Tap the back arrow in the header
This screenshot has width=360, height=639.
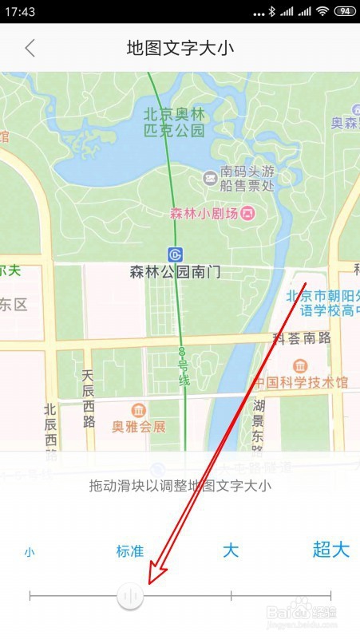coord(30,48)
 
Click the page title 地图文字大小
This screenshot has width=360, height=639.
coord(180,48)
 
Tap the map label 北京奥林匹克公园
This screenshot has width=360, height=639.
coord(174,122)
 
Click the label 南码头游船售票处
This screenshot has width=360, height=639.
coord(247,179)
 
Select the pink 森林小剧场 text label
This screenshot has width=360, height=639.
coord(204,214)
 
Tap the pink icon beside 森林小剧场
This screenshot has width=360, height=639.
coord(248,214)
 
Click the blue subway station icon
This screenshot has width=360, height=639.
coord(176,254)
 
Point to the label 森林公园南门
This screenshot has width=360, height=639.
coord(175,273)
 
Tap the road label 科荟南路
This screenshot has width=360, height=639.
coord(302,338)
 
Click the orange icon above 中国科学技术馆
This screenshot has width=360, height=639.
coord(299,366)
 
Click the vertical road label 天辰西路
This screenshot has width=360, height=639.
coord(88,396)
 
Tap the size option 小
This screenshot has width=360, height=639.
coord(30,551)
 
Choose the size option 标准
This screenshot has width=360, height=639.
coord(130,551)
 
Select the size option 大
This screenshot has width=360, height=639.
coord(231,550)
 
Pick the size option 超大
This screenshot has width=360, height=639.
coord(330,550)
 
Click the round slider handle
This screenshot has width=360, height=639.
coord(130,596)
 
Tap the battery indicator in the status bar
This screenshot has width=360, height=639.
coord(345,11)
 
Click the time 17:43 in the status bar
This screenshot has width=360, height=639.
coord(20,12)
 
